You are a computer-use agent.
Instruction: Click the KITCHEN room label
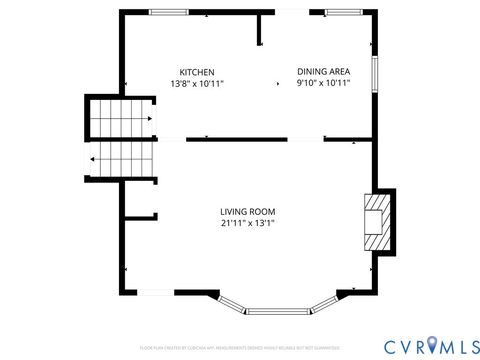tap(196, 72)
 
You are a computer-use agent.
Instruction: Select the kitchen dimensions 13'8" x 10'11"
tap(196, 84)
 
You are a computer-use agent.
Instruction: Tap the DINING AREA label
tap(323, 72)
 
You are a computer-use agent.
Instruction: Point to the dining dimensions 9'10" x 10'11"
tap(323, 84)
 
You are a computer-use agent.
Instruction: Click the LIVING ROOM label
tap(247, 211)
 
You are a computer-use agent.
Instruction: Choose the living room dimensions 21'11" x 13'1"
tap(247, 223)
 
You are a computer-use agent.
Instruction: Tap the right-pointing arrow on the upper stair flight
tap(149, 119)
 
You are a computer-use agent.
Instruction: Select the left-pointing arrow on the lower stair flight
tap(92, 158)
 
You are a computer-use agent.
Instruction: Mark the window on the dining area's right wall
tap(375, 72)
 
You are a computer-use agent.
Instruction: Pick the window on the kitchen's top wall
tap(169, 12)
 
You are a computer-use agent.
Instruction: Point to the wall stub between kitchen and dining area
tap(260, 30)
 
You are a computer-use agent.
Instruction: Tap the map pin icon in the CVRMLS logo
tap(431, 345)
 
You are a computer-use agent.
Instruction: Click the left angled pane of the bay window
tap(231, 302)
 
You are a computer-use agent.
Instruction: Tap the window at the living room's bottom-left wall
tap(155, 293)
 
